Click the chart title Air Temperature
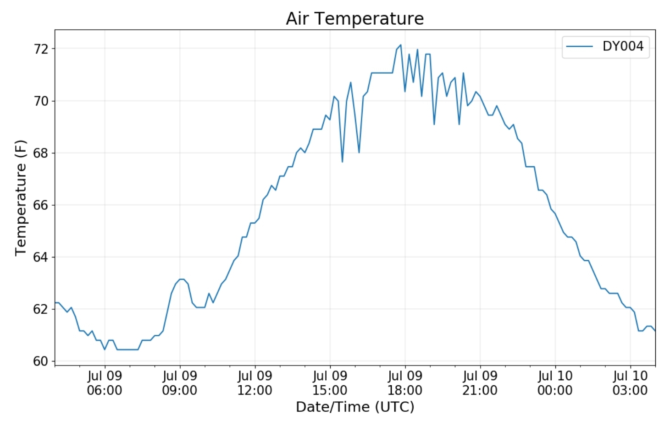click(354, 19)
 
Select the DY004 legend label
click(622, 46)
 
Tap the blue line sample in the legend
click(579, 46)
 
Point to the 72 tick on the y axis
click(41, 49)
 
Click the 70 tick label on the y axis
click(41, 101)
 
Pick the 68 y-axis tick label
click(41, 153)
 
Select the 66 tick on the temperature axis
click(41, 205)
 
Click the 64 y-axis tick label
click(41, 257)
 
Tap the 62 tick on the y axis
click(41, 309)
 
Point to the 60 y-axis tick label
click(41, 361)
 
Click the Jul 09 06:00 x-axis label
click(105, 383)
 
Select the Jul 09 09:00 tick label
click(180, 383)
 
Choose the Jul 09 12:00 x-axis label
click(255, 383)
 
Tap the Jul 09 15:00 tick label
click(330, 383)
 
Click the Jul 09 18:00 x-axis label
click(405, 383)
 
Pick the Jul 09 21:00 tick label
click(480, 383)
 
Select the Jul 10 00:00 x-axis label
click(555, 383)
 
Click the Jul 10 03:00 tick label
click(630, 383)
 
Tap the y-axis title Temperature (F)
click(21, 198)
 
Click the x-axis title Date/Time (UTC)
click(354, 407)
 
